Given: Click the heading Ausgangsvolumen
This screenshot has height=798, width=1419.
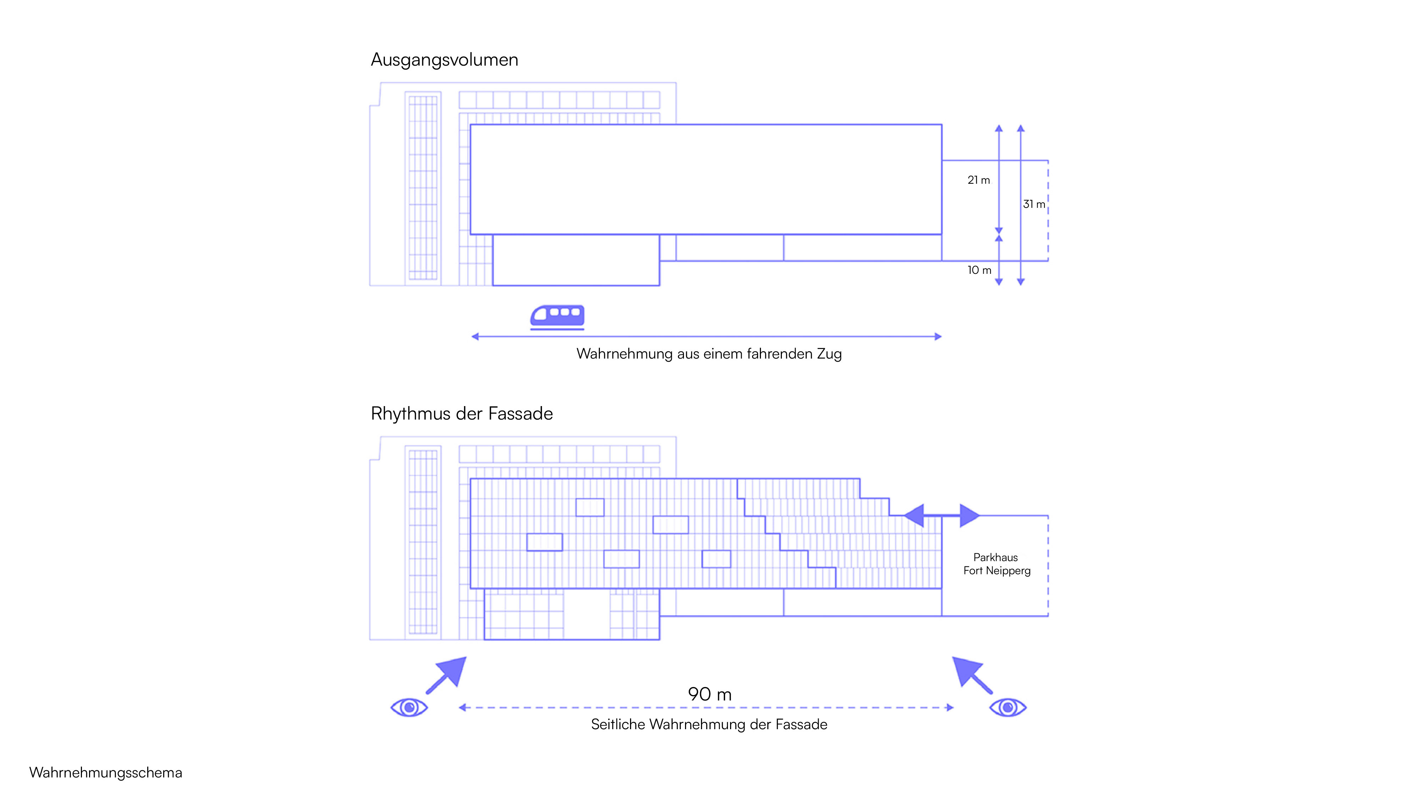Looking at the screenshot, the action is (x=445, y=60).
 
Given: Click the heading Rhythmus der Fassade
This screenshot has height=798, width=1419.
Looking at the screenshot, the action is (x=462, y=413).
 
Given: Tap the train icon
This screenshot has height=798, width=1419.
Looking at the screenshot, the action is (x=557, y=317).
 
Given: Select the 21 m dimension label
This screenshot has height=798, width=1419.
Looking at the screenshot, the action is (x=978, y=180).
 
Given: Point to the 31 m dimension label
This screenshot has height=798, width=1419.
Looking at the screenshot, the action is (x=1034, y=204).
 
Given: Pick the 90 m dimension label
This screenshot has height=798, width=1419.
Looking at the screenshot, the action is (x=709, y=694).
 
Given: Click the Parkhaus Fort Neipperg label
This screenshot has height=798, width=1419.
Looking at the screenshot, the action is (x=996, y=564).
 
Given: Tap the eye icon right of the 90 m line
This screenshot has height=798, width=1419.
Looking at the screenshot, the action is (x=1008, y=707).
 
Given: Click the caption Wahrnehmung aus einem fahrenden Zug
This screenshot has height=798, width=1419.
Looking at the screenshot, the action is (x=709, y=354).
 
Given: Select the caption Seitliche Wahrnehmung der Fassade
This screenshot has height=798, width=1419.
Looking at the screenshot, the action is (x=709, y=724).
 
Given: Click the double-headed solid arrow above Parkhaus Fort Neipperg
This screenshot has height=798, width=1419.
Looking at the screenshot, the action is (x=942, y=515).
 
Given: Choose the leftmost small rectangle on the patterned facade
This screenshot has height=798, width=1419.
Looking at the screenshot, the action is (x=544, y=542).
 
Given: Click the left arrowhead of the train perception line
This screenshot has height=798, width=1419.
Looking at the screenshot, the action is (x=475, y=337).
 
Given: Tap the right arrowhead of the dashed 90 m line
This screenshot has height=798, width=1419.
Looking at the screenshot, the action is (x=950, y=707).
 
